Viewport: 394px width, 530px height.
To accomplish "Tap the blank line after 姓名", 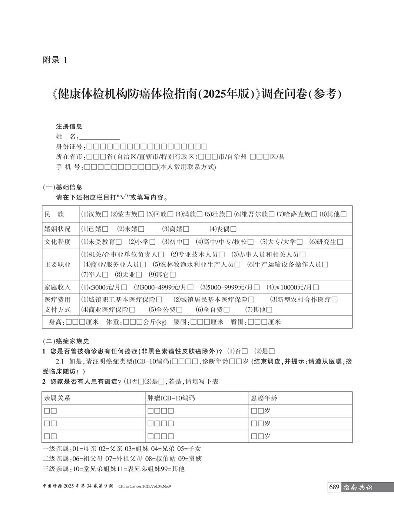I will point(100,137).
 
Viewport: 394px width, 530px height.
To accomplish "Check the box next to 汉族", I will point(105,214).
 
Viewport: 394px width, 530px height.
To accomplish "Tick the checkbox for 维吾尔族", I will point(271,214).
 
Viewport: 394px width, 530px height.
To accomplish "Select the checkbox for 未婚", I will point(141,229).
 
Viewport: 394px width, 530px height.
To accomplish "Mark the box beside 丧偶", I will point(233,229).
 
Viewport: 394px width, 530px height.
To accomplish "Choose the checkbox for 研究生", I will point(340,242).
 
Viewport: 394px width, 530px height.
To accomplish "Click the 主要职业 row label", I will point(57,265).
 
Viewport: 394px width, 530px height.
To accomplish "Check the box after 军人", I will point(105,275).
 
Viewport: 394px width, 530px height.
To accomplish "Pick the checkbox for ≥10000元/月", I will point(316,287).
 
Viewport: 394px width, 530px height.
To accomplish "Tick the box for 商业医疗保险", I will point(132,310).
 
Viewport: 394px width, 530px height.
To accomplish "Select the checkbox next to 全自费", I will point(226,310).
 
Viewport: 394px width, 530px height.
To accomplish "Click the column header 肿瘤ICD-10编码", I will point(171,398).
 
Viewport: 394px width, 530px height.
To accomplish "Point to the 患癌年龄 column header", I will point(264,398).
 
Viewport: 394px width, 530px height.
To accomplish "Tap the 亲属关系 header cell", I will point(57,398).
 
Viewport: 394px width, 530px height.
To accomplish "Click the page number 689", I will point(334,487).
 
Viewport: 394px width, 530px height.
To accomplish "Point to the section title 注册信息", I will point(69,127).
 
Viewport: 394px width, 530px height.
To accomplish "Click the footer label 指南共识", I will point(357,487).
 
